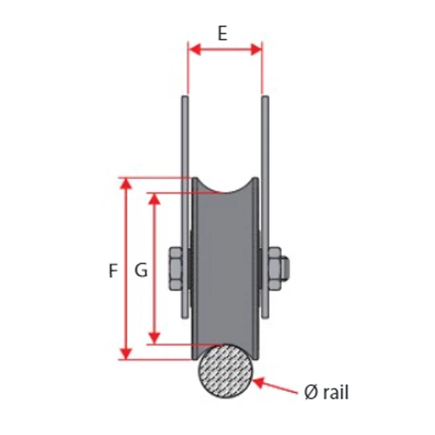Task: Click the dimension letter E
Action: coord(223,33)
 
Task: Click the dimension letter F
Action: coord(113,270)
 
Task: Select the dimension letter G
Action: coord(141,270)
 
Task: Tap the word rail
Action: coord(336,391)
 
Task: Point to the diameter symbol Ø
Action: coord(311,392)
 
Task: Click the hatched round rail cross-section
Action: coord(225,372)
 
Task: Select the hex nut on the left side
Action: coord(176,269)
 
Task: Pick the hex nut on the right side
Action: coord(275,269)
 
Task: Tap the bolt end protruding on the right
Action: coord(286,269)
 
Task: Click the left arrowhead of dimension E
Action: coord(194,49)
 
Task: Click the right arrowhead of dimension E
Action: coord(256,49)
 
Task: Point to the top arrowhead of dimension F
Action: coord(126,183)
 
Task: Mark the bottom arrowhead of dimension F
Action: coord(126,354)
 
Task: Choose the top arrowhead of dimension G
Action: coord(154,199)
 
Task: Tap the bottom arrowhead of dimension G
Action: coord(154,339)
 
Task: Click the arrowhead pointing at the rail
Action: coord(258,382)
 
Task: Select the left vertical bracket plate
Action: coord(186,207)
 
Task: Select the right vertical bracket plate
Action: coord(265,207)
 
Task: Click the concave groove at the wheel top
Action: coord(225,186)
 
